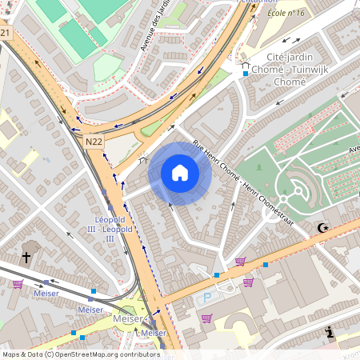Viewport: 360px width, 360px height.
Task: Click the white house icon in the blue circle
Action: (180, 173)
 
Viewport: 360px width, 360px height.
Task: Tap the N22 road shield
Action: (94, 141)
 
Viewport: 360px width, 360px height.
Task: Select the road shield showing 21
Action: (5, 33)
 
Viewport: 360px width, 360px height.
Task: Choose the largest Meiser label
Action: (128, 318)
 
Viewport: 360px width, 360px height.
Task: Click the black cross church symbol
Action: (26, 258)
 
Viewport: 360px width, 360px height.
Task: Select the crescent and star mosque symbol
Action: (323, 229)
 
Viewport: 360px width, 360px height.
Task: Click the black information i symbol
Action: (329, 333)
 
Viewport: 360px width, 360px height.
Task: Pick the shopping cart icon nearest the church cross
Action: (18, 283)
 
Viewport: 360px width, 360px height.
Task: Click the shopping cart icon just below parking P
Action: (207, 318)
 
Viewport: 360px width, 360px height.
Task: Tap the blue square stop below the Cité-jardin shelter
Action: (246, 74)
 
